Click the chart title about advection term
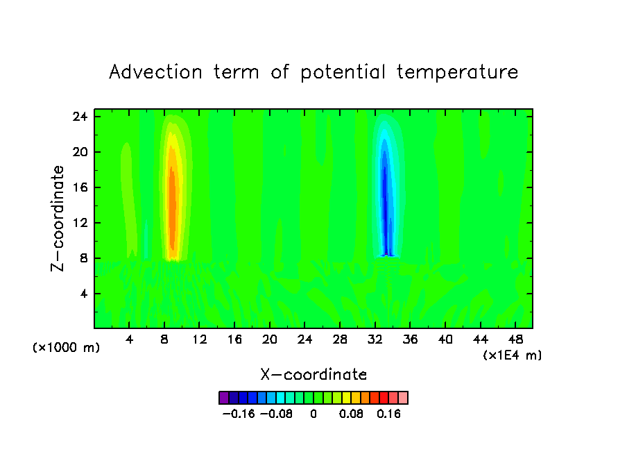pos(313,72)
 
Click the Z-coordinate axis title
pos(59,218)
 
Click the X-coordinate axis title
pos(313,375)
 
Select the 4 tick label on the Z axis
pos(85,294)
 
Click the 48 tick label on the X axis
pos(515,339)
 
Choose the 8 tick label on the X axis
pos(164,339)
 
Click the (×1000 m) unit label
pos(66,348)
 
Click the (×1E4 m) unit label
pos(513,355)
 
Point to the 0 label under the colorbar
pos(313,414)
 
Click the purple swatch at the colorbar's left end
pos(223,398)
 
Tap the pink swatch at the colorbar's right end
pos(403,398)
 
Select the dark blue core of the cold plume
pos(384,194)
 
